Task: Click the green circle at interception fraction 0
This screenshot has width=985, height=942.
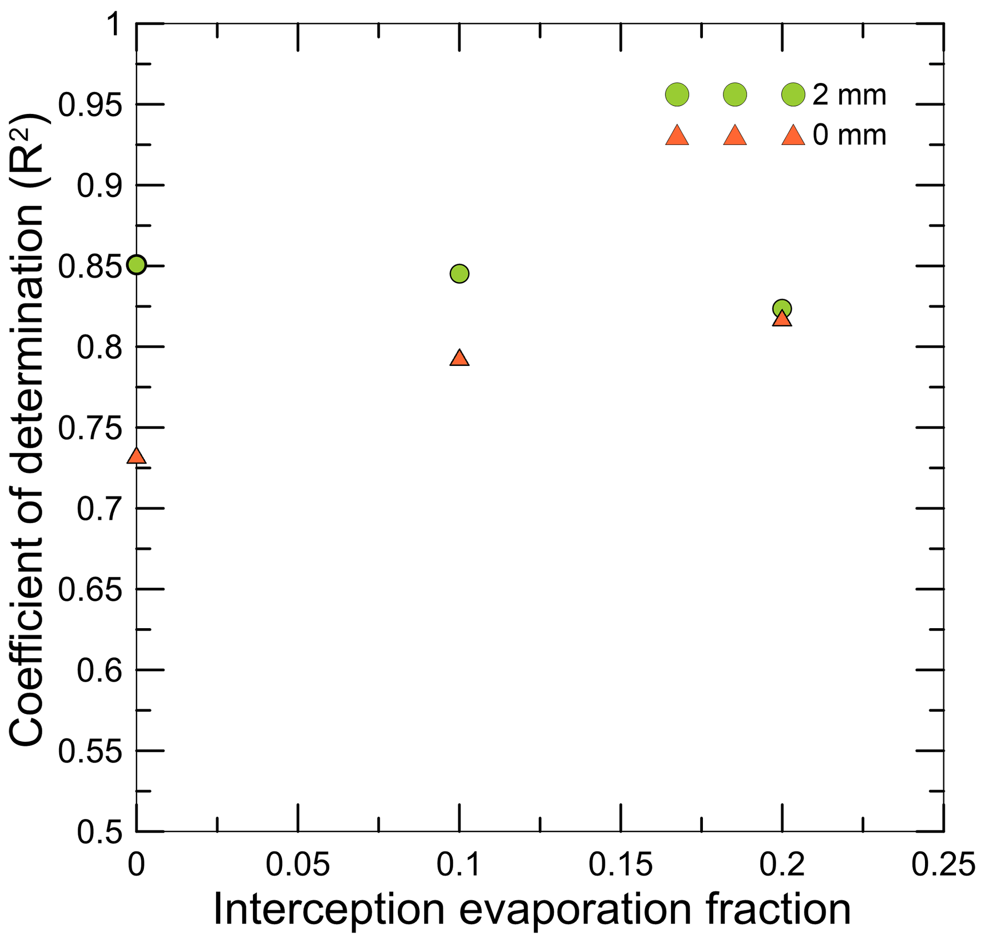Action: coord(136,264)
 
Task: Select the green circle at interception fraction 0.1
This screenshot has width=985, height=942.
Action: coord(459,274)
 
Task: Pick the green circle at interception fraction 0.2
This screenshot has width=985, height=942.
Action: coord(782,308)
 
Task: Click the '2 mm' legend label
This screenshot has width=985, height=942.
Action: coord(849,95)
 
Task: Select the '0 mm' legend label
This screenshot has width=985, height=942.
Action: coord(849,135)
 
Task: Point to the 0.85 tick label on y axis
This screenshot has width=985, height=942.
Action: coord(91,267)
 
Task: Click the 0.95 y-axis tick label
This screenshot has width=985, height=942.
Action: coord(91,105)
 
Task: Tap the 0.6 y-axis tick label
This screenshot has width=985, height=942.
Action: coord(99,670)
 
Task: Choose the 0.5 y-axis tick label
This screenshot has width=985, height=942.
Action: coord(99,832)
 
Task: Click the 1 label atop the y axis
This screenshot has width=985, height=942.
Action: coord(115,24)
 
